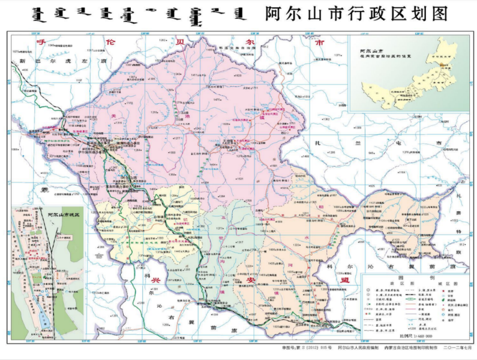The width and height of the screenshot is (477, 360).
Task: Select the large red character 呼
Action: click(x=41, y=43)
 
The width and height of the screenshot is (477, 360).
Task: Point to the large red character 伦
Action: click(x=109, y=43)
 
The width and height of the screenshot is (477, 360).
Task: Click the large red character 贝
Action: click(x=179, y=43)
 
